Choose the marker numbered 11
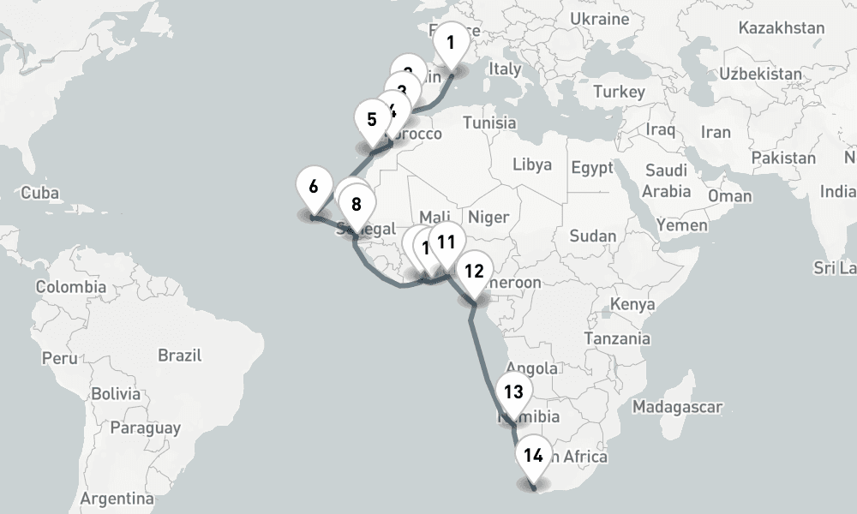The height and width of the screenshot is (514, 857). point(446,242)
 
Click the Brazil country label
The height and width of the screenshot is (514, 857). point(179,356)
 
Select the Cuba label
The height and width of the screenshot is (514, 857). point(39,193)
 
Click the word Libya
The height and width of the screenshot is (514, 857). point(532,164)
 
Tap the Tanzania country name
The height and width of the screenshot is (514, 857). point(617,338)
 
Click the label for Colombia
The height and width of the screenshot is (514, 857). point(69,287)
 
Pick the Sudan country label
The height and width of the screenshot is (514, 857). point(592,236)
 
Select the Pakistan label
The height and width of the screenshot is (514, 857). point(783,158)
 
